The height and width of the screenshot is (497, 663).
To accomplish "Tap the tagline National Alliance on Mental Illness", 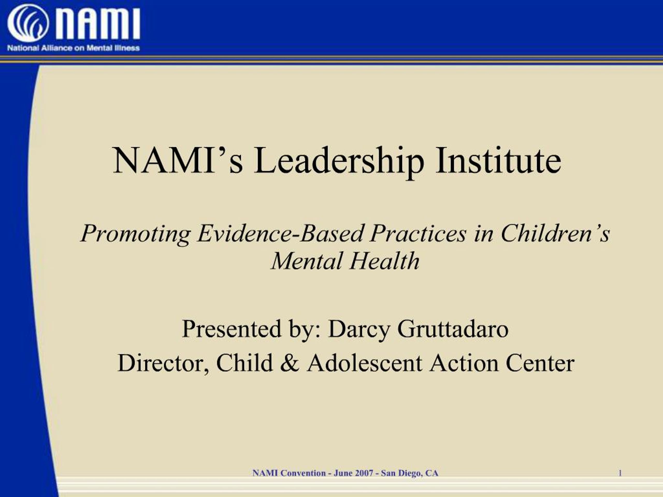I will click(x=74, y=48).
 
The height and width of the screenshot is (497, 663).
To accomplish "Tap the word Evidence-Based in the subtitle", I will click(x=280, y=233).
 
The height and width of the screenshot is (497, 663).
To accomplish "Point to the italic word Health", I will click(x=384, y=261).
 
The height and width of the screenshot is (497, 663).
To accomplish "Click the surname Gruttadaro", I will click(x=453, y=329).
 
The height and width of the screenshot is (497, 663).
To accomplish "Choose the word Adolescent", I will click(x=364, y=363).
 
